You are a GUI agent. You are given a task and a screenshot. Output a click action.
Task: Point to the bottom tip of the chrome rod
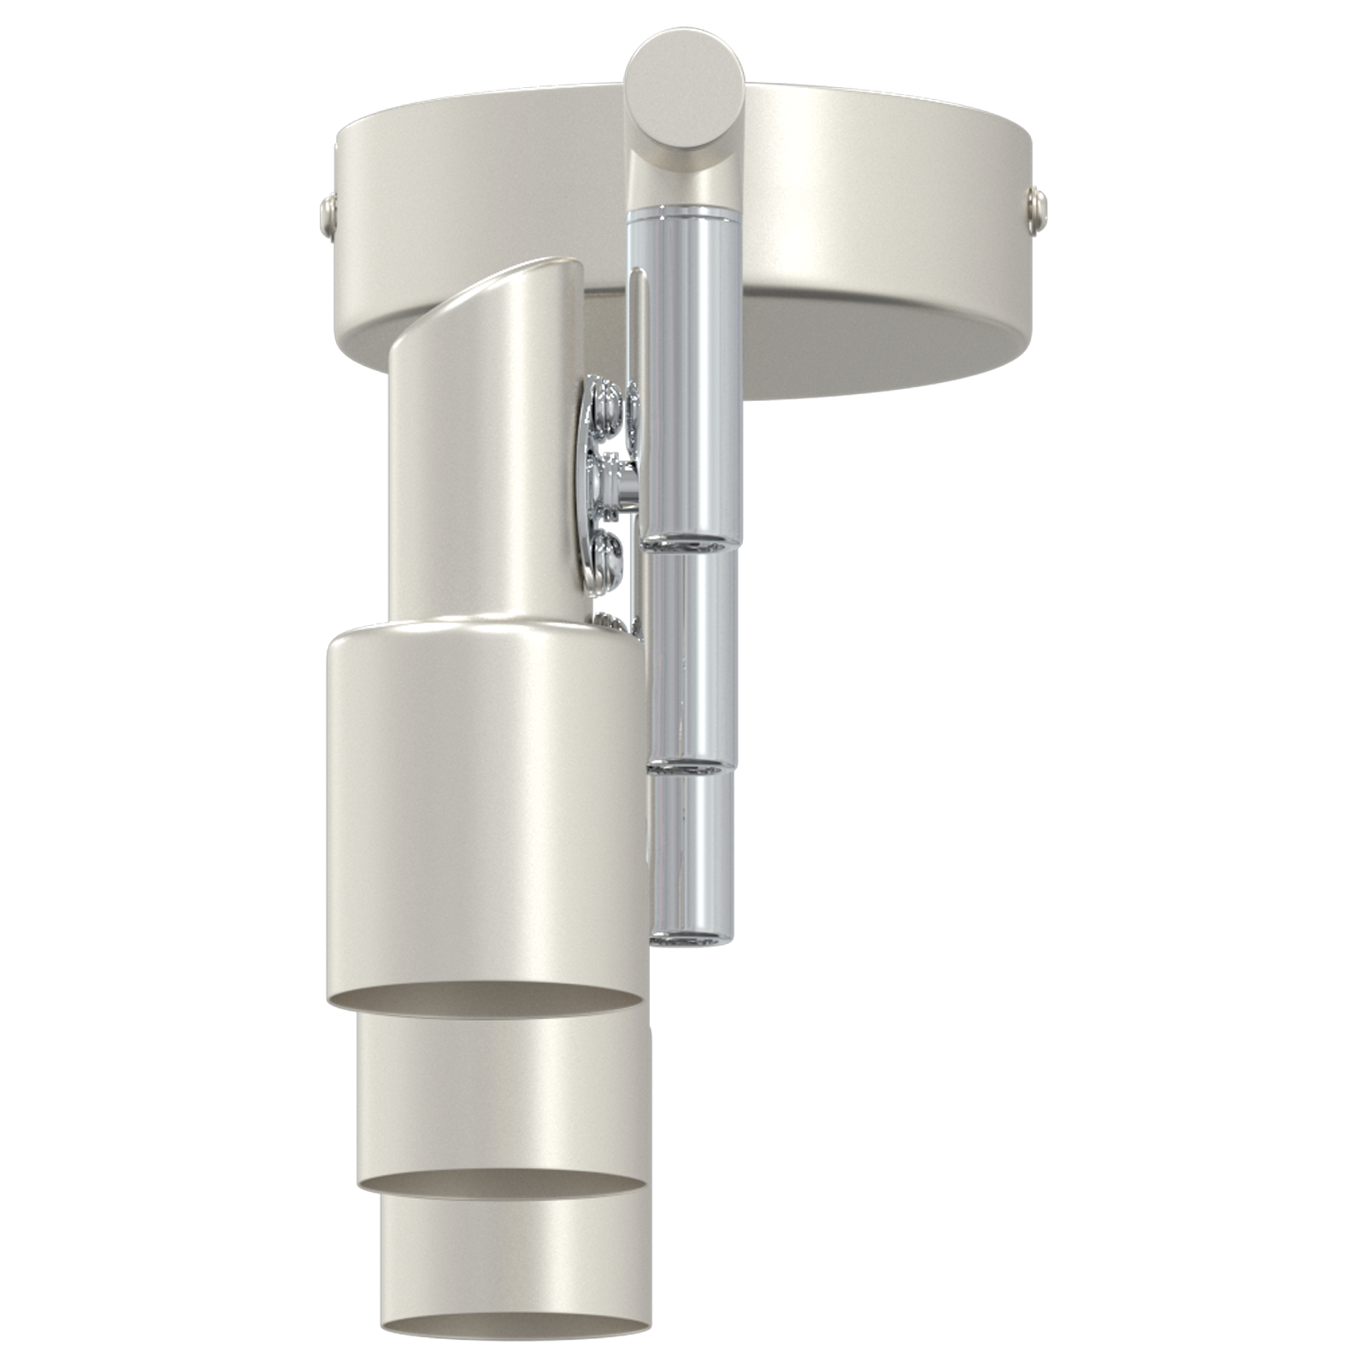point(688,940)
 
